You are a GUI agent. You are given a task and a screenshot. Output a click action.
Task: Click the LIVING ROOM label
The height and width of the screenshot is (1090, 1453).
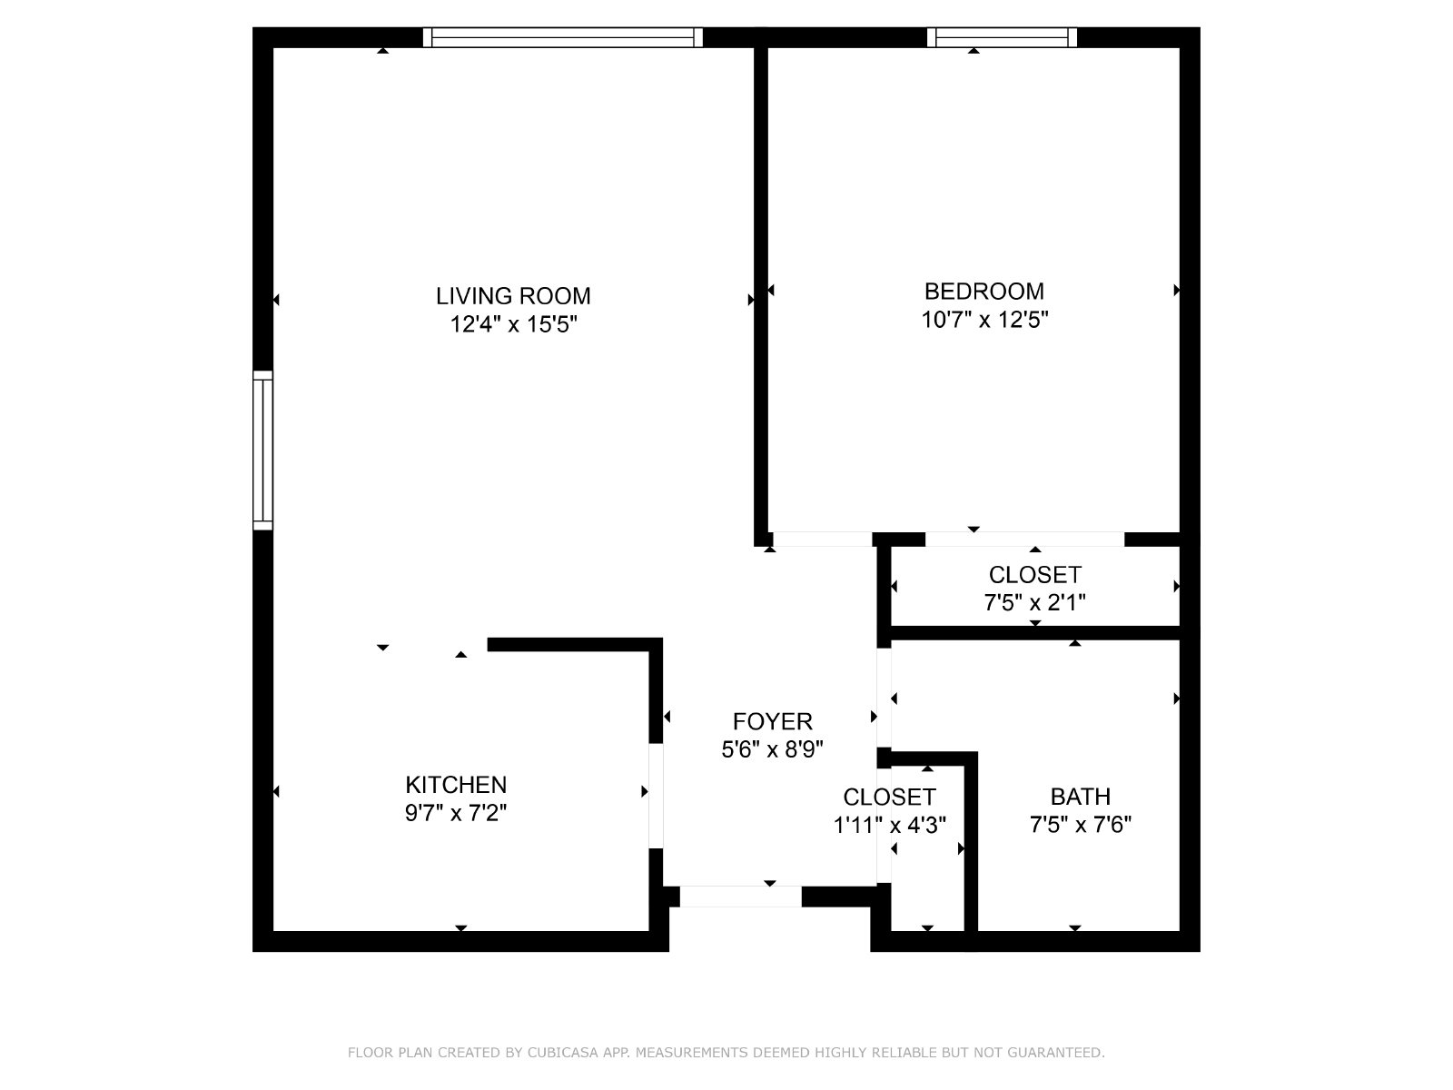513,296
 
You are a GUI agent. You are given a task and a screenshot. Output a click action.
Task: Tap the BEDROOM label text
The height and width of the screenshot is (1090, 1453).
983,292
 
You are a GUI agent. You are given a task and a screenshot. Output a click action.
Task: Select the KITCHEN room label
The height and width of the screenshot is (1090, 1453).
456,785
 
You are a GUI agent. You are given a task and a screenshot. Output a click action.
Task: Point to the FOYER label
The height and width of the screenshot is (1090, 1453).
773,721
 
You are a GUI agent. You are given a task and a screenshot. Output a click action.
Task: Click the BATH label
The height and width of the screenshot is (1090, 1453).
1081,797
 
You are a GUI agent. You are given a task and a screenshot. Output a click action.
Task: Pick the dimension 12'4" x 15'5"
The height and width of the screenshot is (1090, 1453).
514,324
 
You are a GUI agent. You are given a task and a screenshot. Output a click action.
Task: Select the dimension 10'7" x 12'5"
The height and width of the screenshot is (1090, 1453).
985,320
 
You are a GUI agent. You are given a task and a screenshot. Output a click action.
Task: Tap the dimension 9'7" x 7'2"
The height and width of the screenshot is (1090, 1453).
456,813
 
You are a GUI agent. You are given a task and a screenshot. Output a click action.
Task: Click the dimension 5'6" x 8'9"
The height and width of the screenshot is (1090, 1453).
773,749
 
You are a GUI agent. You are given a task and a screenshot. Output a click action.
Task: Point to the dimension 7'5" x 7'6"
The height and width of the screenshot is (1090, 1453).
1081,825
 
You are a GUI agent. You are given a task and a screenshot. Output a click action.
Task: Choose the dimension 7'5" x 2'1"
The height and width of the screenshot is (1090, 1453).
1034,602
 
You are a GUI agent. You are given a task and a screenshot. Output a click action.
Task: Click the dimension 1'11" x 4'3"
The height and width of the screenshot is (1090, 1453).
890,825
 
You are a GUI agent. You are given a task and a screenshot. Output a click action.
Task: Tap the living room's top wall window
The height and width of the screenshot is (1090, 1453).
563,38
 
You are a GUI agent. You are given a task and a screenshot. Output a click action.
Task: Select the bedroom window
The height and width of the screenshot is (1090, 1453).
1003,38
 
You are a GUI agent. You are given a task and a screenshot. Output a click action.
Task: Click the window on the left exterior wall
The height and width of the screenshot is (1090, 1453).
262,450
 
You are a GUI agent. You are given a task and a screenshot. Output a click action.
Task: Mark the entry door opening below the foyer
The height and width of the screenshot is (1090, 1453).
741,897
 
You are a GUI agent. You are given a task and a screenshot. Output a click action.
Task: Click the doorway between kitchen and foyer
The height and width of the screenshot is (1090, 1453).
656,796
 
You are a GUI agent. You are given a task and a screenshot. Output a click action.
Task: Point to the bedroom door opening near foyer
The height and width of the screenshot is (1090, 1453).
823,540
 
